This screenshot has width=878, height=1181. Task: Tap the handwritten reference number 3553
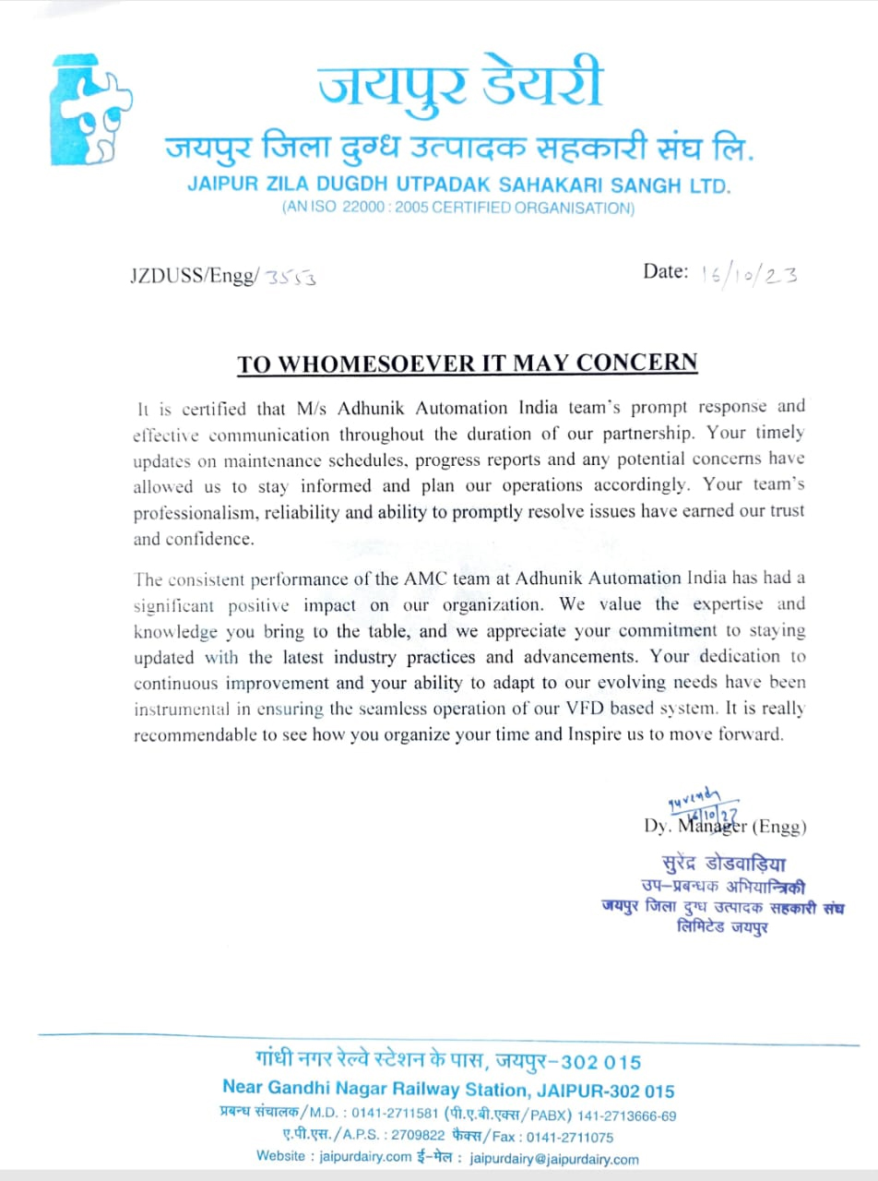pos(291,277)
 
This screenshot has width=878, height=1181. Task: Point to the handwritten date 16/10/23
pos(749,274)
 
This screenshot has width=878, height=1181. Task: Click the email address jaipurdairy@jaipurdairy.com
pos(554,1160)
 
